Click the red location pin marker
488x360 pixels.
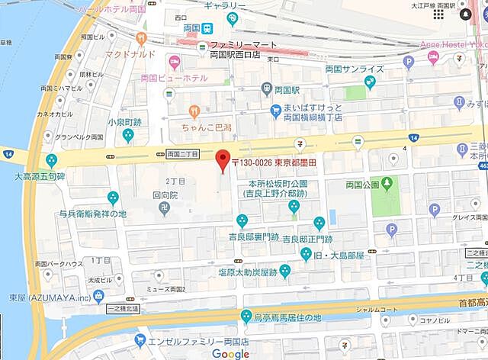click(x=223, y=161)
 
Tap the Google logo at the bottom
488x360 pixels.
click(x=230, y=353)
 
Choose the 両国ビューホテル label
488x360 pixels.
click(x=174, y=78)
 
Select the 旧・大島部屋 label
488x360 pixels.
click(x=342, y=252)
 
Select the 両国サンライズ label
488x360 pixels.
click(x=354, y=69)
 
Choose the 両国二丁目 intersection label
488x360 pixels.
click(x=181, y=154)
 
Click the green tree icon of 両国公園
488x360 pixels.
click(x=387, y=184)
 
